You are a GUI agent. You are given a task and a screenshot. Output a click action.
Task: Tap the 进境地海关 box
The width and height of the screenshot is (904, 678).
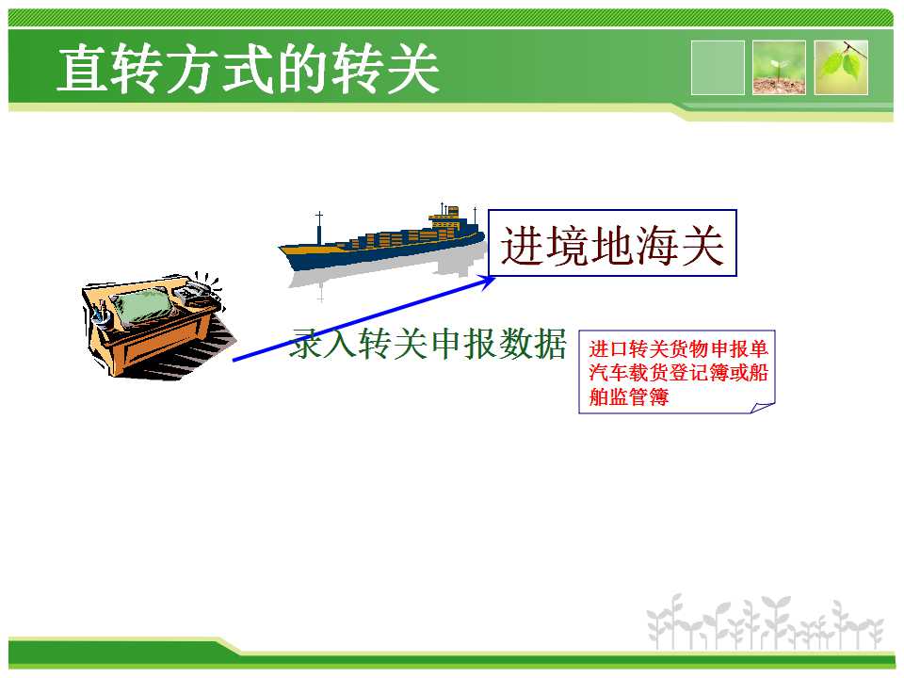[x=612, y=243]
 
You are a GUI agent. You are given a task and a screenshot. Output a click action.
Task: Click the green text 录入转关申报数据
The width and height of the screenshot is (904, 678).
[x=428, y=345]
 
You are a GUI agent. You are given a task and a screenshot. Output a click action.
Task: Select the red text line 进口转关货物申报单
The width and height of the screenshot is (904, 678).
[x=678, y=348]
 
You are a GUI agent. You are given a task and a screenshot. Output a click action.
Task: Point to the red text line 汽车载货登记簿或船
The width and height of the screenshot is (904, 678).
[x=678, y=373]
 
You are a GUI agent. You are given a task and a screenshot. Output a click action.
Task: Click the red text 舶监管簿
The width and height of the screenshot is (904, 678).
[x=628, y=396]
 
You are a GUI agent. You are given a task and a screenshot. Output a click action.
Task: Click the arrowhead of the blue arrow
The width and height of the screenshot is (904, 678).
[x=487, y=281]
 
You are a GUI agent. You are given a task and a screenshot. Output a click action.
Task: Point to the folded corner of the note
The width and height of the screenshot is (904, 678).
[x=762, y=408]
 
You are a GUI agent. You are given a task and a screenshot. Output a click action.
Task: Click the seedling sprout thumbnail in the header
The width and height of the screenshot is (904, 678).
[x=779, y=68]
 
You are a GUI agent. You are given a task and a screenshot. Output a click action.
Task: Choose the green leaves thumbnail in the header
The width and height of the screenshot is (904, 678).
[x=841, y=68]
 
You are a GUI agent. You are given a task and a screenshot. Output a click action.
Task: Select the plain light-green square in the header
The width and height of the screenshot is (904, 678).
[x=718, y=68]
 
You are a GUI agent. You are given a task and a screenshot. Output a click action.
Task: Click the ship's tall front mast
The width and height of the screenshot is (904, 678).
[x=319, y=228]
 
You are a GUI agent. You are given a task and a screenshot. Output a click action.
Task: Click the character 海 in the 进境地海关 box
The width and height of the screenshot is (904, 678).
[x=656, y=246]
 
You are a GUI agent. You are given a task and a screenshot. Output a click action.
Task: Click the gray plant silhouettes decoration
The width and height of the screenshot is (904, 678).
[x=765, y=622]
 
